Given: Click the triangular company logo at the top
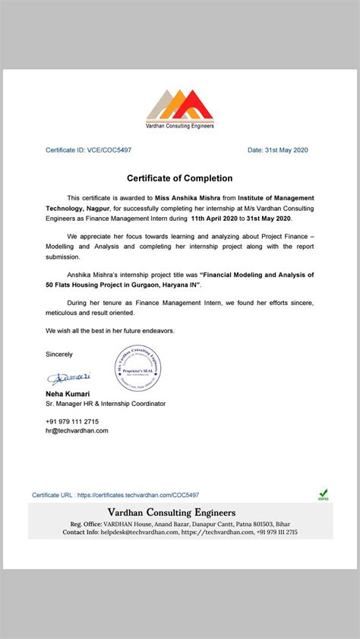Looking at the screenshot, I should (179, 105).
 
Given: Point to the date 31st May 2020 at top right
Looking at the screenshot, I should (278, 150).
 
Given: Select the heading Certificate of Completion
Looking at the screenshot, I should (179, 178).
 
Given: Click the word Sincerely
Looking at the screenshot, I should (59, 354).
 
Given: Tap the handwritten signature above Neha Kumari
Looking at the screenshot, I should (69, 377).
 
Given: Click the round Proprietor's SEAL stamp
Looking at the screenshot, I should (138, 367).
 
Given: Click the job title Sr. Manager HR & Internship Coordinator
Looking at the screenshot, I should (105, 404).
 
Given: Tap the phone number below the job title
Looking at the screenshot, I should (72, 421).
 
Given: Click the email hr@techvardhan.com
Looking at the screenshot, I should (77, 430).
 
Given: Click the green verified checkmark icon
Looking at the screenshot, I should (323, 493).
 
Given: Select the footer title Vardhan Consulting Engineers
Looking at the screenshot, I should (171, 512).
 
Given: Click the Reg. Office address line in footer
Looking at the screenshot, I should (179, 524).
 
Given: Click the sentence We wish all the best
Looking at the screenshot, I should (111, 331).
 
